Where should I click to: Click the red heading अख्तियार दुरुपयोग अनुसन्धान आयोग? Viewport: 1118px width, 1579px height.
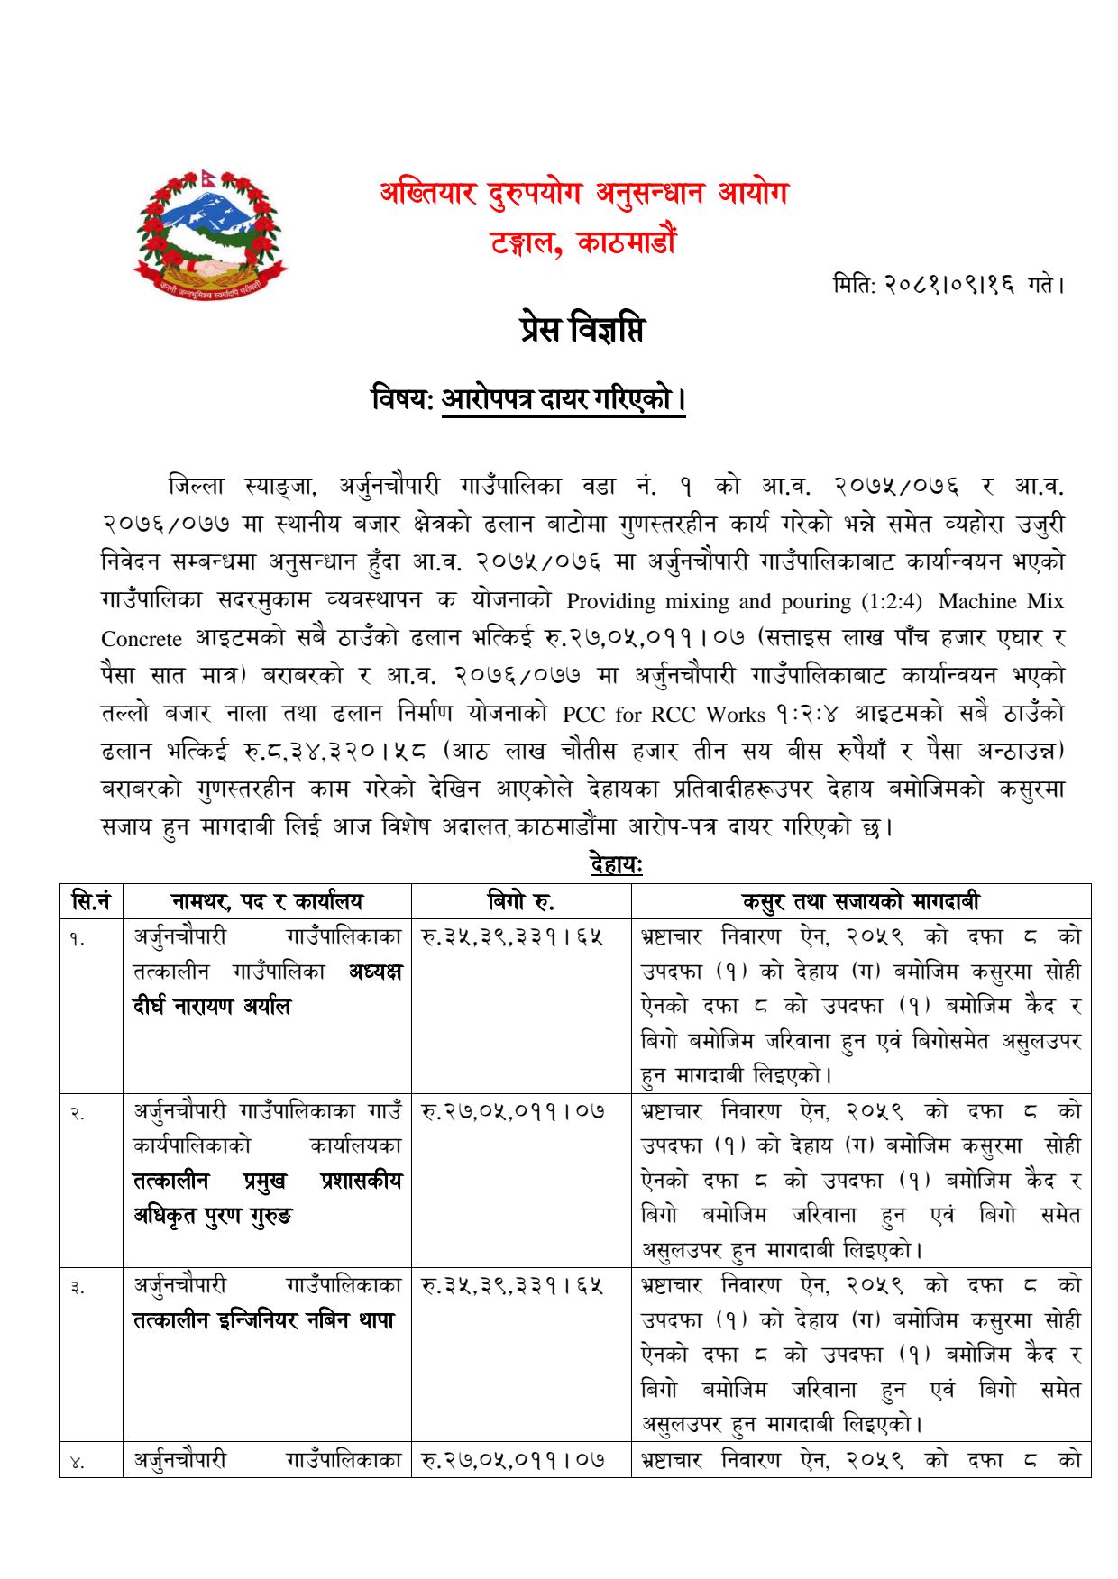[583, 194]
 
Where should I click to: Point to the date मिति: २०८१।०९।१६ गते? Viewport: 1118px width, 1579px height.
[948, 286]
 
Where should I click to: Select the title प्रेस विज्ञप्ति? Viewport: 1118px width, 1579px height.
[582, 330]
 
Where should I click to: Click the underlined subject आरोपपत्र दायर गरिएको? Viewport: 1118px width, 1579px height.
[564, 398]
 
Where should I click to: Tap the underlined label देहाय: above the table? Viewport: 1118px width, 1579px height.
[616, 865]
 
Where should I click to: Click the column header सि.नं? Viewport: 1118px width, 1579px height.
[90, 900]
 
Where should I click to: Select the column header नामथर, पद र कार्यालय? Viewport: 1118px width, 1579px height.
[267, 900]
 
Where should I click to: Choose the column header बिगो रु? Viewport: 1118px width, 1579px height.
[521, 900]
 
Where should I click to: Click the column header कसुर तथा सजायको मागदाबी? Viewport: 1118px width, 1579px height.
[860, 900]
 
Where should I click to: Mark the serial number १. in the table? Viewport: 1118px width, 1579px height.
[78, 939]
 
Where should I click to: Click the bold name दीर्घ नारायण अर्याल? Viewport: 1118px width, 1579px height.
[213, 1007]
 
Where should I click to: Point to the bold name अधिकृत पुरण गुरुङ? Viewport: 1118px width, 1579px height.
[213, 1216]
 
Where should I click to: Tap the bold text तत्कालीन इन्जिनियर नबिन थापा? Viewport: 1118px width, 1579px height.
[263, 1320]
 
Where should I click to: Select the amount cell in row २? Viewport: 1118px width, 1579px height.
[513, 1112]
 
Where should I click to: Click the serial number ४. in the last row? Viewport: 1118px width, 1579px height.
[78, 1462]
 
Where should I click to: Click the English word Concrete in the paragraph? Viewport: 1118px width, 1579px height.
[142, 639]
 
